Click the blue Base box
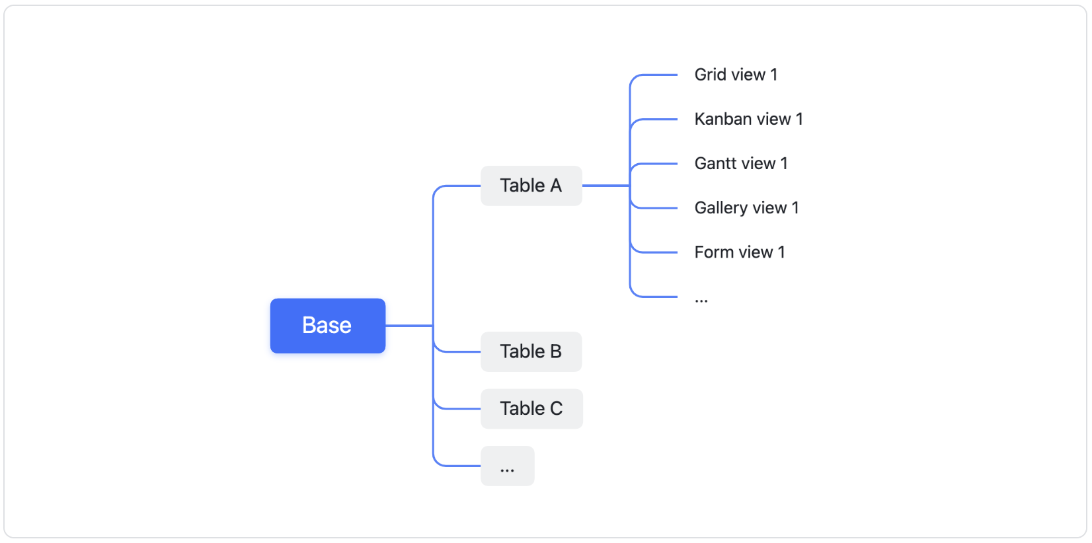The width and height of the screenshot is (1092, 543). point(327,326)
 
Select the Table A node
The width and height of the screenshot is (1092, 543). point(531,186)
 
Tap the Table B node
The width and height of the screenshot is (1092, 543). point(531,351)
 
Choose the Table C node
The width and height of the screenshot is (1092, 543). point(531,409)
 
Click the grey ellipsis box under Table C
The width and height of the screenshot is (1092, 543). point(507,466)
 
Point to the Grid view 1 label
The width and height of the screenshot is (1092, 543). point(735,75)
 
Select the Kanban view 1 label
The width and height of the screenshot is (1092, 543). point(748,119)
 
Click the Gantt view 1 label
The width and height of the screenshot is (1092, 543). point(740,163)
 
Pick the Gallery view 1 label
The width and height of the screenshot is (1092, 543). point(746,208)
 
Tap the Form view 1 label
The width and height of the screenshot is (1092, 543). point(739,252)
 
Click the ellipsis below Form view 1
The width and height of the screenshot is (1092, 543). point(701,300)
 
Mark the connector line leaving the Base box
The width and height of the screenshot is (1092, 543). point(409,326)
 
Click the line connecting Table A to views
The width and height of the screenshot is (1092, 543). point(605,186)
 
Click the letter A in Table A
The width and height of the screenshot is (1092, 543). point(555,186)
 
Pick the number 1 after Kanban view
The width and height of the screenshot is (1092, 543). point(799,119)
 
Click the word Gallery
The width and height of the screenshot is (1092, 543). point(721,208)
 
